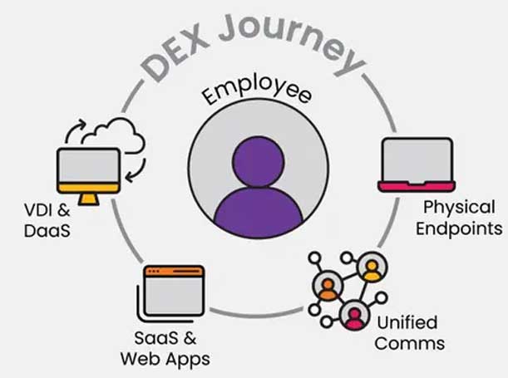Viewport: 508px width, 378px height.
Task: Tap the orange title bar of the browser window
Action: (x=174, y=271)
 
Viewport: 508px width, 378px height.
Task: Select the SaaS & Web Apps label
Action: (x=163, y=349)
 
